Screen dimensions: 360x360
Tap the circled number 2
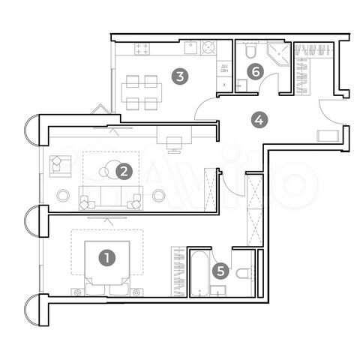[124, 172]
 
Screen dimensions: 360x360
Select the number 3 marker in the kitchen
[178, 76]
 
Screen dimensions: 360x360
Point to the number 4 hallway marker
[259, 118]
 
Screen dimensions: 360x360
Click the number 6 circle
[256, 72]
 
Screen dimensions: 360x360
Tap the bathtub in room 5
[202, 275]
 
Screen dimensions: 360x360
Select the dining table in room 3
[142, 91]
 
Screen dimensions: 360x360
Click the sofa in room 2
[110, 199]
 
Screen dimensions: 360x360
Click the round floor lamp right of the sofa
[158, 195]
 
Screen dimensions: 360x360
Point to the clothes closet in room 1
[178, 271]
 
